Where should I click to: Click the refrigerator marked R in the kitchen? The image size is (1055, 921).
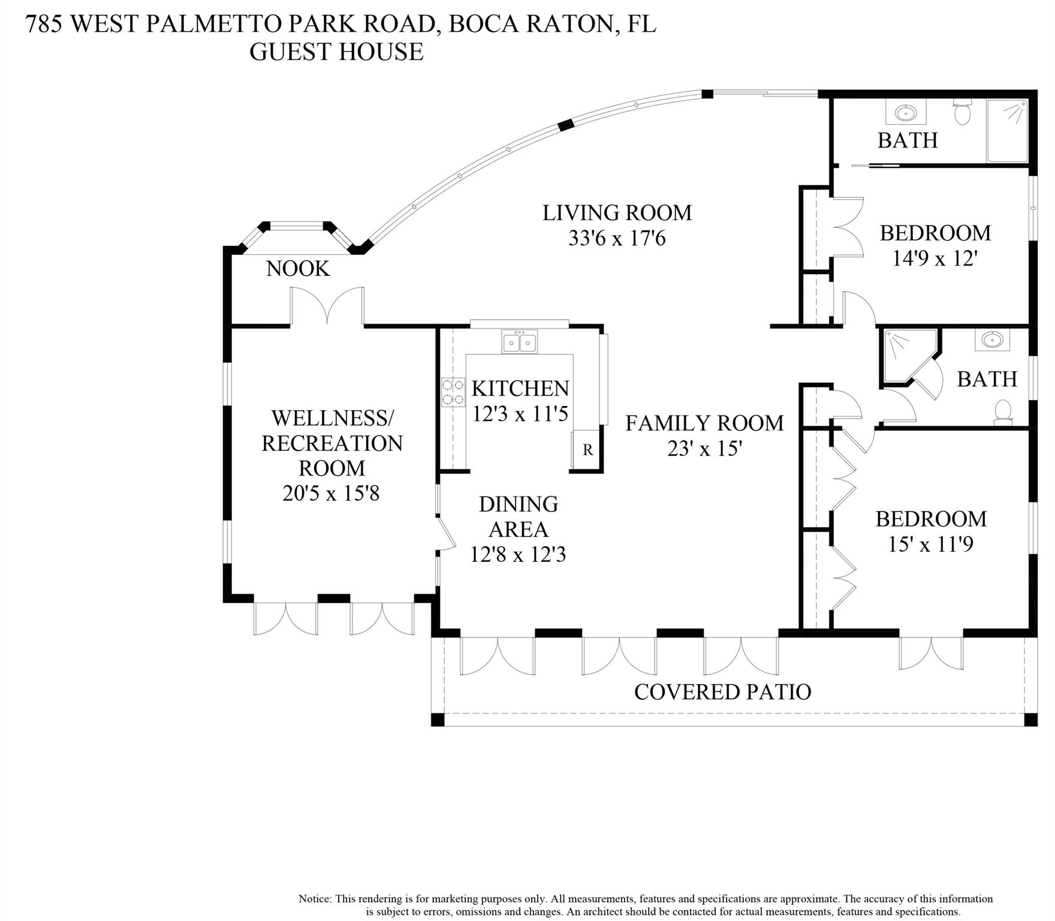tap(587, 449)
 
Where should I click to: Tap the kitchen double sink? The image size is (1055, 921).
tap(520, 342)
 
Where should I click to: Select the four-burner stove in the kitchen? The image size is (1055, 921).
tap(453, 392)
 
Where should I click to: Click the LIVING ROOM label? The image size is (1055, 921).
tap(617, 213)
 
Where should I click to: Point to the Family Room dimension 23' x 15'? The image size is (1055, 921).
tap(705, 449)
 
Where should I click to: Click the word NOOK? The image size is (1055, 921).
tap(298, 269)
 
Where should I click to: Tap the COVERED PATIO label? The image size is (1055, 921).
tap(722, 692)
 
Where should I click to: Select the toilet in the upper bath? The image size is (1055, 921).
tap(963, 113)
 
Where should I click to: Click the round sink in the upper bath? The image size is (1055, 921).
tap(905, 112)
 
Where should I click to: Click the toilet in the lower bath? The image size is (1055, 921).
tap(1002, 413)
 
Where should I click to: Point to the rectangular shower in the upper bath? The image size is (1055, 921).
tap(1008, 131)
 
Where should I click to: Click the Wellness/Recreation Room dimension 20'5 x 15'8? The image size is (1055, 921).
tap(331, 493)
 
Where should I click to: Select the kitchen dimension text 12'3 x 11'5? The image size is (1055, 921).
tap(520, 414)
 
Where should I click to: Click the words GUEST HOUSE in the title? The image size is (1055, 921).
tap(336, 52)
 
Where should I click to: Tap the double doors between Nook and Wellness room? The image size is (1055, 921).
tap(327, 306)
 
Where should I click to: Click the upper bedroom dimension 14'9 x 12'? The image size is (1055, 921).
tap(935, 258)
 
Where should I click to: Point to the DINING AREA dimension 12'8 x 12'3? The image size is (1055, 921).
tap(518, 555)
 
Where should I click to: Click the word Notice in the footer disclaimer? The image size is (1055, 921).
tap(314, 899)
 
